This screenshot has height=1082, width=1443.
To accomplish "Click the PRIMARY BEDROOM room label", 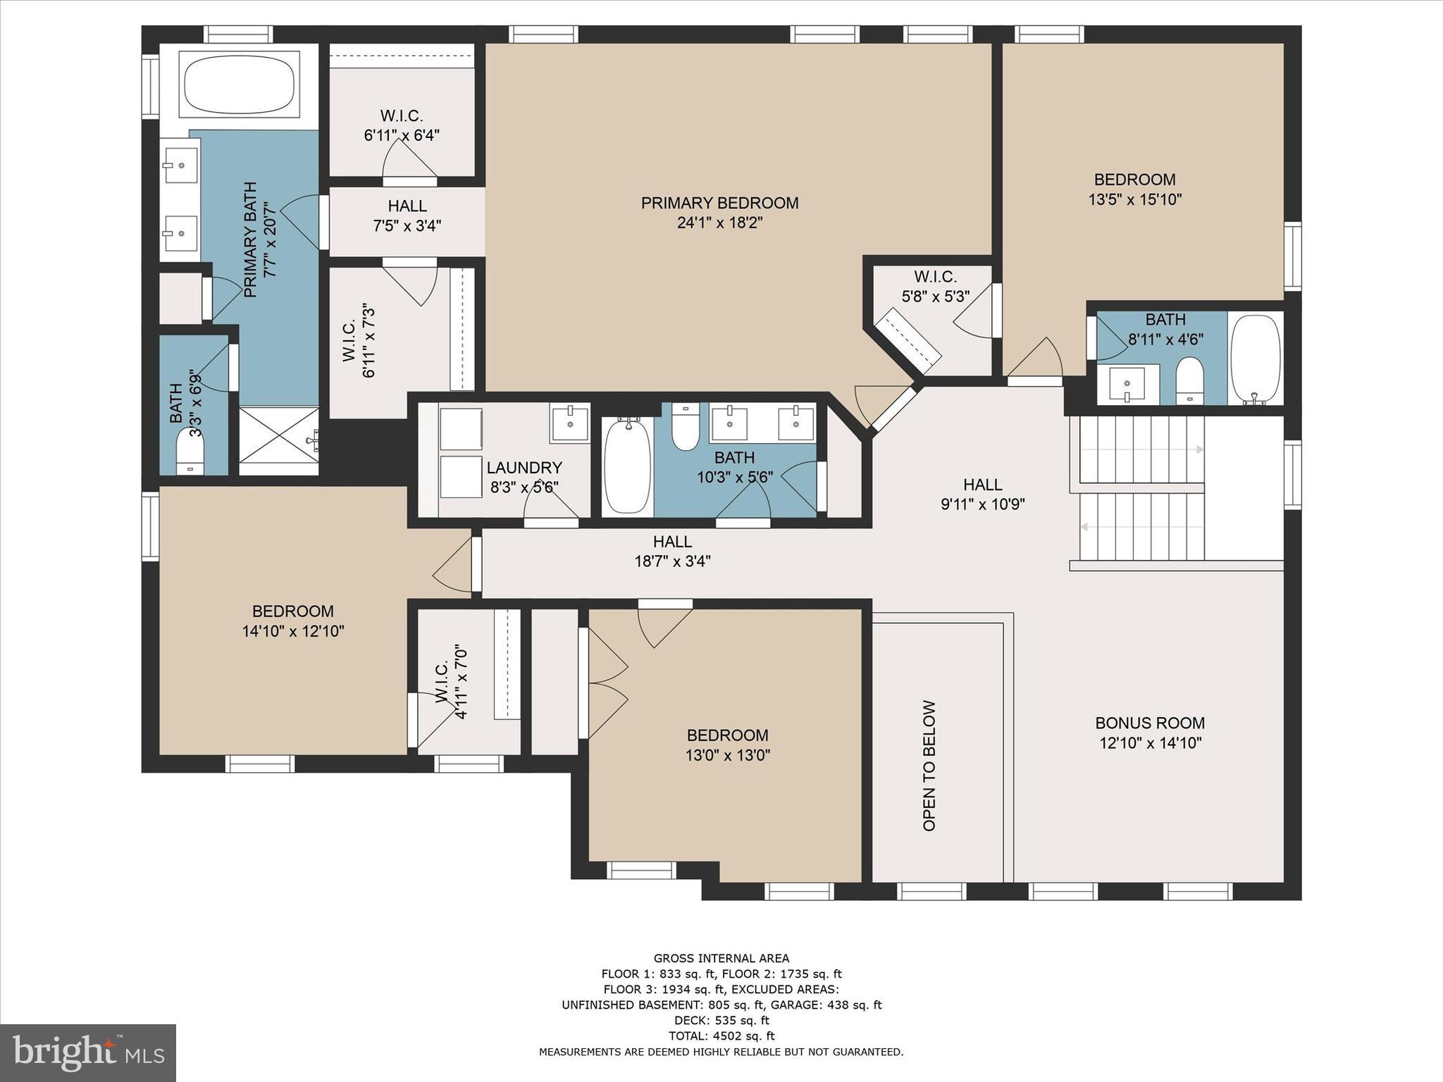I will point(719,204).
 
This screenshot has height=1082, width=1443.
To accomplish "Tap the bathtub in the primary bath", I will point(239,87).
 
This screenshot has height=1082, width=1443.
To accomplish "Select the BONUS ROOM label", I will point(1150,723).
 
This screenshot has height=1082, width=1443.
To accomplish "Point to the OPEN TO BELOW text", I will point(929,766).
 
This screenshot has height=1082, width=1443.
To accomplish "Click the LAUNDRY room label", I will point(524,468).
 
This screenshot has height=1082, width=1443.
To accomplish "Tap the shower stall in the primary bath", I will point(279,441).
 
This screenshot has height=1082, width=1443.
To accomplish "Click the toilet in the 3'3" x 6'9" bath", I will point(190,452).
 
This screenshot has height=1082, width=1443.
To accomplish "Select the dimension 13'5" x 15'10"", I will point(1134,199).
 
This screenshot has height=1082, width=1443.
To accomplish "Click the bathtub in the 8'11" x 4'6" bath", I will point(1255,359).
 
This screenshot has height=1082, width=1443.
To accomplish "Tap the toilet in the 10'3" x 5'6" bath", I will point(685,427).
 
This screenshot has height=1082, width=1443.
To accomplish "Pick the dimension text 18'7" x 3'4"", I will point(672,561).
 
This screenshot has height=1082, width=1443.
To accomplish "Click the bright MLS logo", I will point(88,1052).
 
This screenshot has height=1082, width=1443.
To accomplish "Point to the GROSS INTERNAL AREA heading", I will point(721,958).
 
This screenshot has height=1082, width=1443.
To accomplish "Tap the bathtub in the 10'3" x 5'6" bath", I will point(627,466).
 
